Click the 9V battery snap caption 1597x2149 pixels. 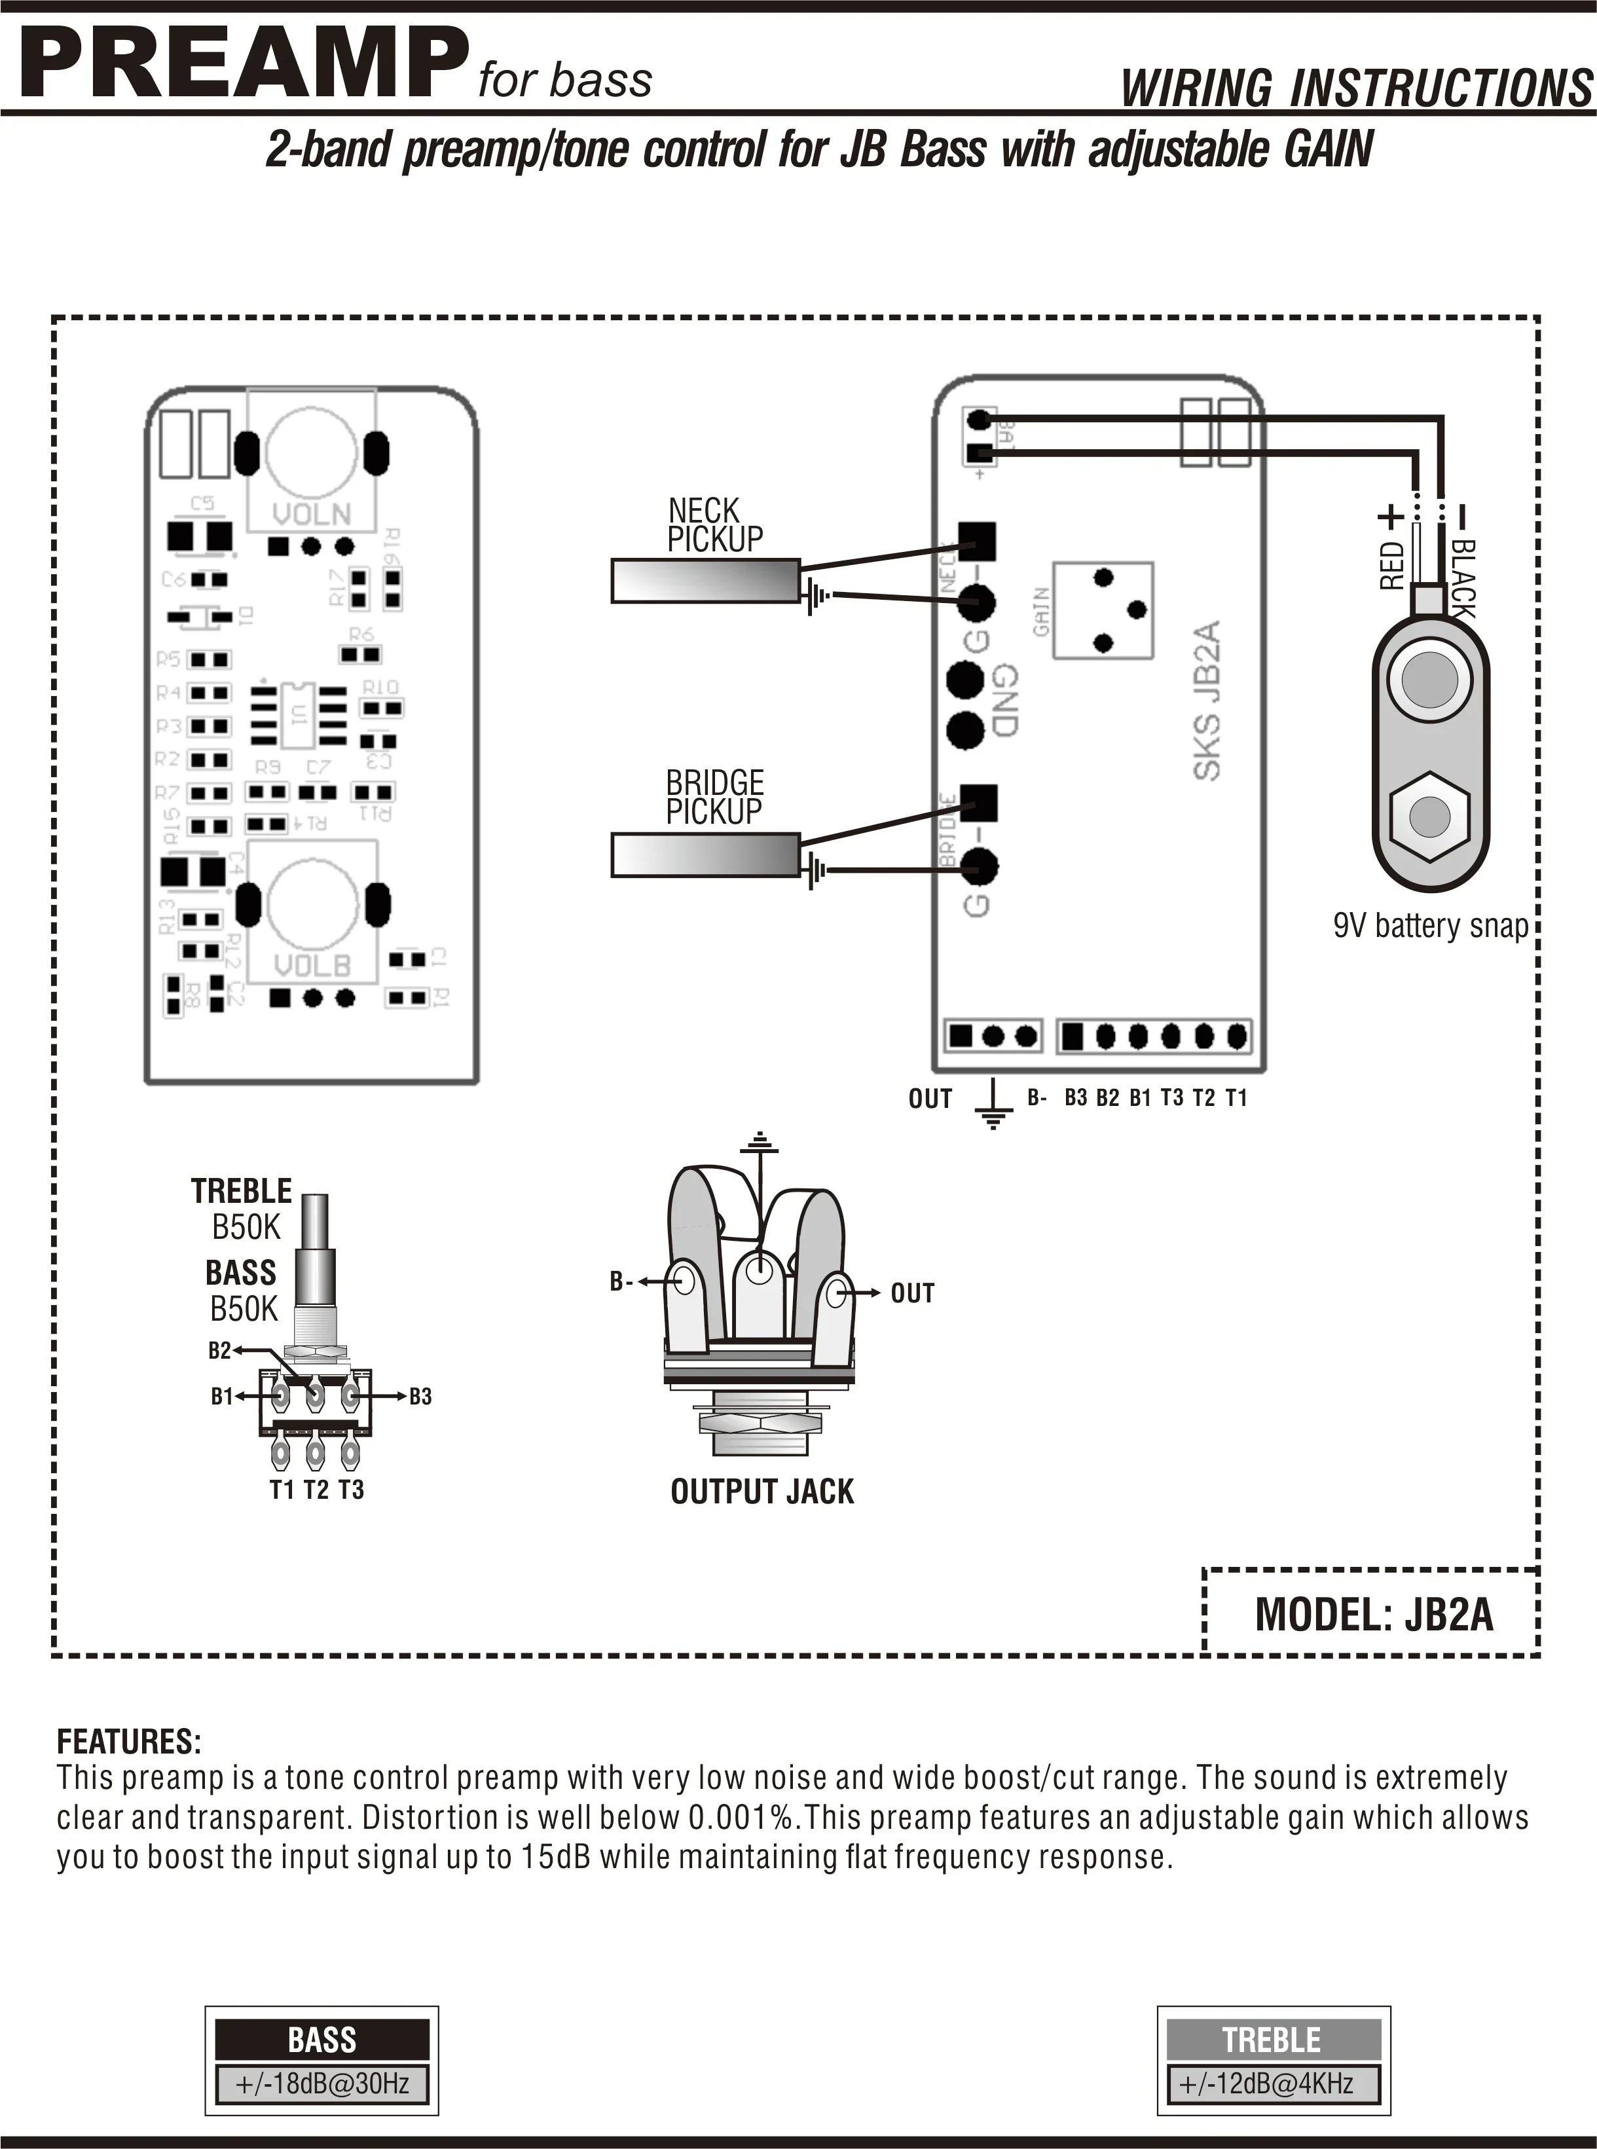point(1430,926)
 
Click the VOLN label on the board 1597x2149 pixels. point(311,513)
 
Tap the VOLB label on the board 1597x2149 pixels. point(311,964)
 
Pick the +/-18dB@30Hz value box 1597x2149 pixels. point(322,2084)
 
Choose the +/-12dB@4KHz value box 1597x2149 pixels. point(1272,2084)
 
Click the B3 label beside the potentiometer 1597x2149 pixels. point(420,1396)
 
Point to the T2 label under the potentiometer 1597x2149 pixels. point(316,1490)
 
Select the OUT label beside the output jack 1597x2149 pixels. point(911,1293)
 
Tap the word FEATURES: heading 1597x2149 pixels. point(128,1742)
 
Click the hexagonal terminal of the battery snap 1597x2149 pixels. point(1429,817)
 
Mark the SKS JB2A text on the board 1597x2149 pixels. point(1207,700)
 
